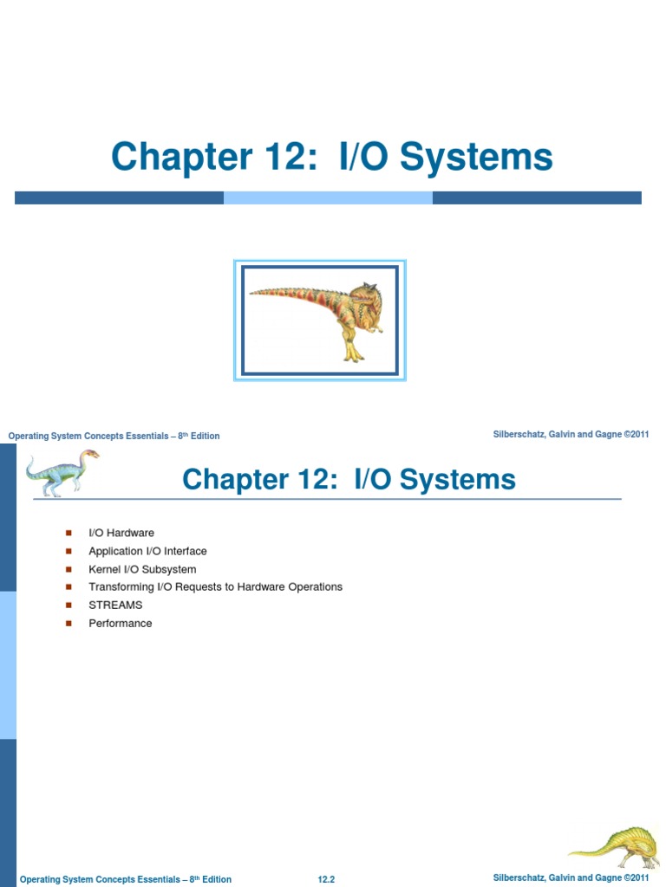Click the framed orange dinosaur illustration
coord(320,320)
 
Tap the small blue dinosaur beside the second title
coord(62,473)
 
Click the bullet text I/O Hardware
coord(121,533)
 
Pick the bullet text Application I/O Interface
coord(147,551)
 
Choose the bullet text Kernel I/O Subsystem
coord(142,569)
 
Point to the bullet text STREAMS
coord(115,605)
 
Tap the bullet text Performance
coord(120,623)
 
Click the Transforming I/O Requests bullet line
coord(215,586)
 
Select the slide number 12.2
coord(326,879)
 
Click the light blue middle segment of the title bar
coord(328,197)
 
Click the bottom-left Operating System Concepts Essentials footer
coord(125,879)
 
